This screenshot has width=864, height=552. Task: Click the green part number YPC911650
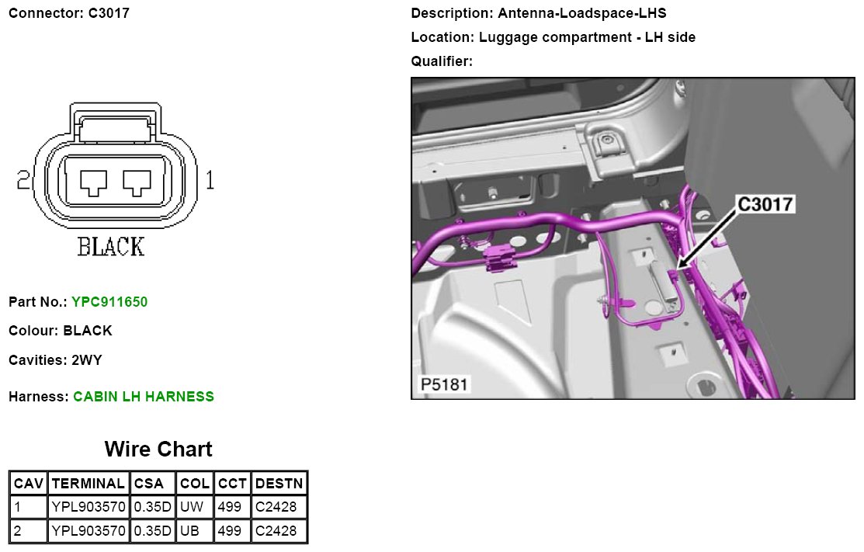tap(109, 302)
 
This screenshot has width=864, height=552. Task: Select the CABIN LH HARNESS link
tap(144, 397)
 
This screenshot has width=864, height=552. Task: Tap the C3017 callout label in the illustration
tap(765, 204)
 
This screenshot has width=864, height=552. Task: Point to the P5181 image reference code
tap(443, 384)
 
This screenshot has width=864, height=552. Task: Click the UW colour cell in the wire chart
tap(192, 506)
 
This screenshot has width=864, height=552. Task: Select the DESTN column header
tap(279, 483)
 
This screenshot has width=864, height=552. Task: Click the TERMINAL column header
tap(88, 483)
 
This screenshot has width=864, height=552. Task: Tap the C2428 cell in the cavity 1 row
tap(276, 506)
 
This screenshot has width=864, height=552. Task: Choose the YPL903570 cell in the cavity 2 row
tap(88, 530)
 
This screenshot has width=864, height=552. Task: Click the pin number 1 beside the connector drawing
tap(210, 180)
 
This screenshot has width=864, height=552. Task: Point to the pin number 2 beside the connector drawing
tap(23, 180)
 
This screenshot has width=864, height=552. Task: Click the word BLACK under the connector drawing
tap(111, 246)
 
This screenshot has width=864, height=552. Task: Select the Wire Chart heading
tap(158, 449)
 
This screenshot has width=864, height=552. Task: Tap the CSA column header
tap(149, 483)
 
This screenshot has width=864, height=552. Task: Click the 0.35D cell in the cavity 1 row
tap(153, 506)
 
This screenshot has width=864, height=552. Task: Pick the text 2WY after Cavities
tap(86, 360)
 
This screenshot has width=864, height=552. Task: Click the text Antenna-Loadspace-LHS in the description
tap(582, 13)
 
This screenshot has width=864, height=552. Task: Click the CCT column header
tap(232, 483)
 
